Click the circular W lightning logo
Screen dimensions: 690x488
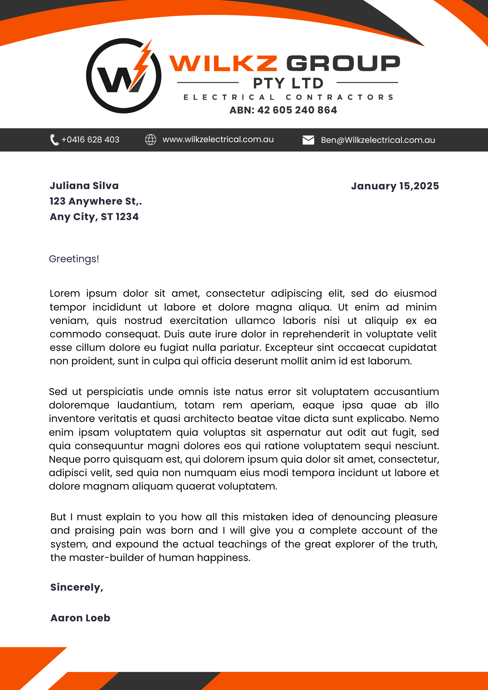pyautogui.click(x=124, y=76)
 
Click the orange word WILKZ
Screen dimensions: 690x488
pyautogui.click(x=223, y=63)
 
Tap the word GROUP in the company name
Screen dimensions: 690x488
pyautogui.click(x=343, y=63)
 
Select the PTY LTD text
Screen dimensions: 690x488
pyautogui.click(x=288, y=83)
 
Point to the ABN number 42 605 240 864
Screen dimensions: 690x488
pyautogui.click(x=297, y=110)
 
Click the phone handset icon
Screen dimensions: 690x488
pyautogui.click(x=54, y=140)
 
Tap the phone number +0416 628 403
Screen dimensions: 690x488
pyautogui.click(x=90, y=140)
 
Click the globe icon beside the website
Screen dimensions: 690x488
pyautogui.click(x=150, y=140)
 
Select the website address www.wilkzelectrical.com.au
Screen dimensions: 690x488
pyautogui.click(x=218, y=139)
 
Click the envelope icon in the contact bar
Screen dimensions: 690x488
pyautogui.click(x=308, y=140)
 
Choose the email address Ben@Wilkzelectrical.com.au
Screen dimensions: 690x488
pyautogui.click(x=378, y=140)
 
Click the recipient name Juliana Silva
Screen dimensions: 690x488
pyautogui.click(x=84, y=186)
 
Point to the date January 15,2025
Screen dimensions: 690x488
pyautogui.click(x=395, y=186)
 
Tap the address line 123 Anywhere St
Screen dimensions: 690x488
pyautogui.click(x=96, y=201)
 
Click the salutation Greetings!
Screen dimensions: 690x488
pyautogui.click(x=74, y=259)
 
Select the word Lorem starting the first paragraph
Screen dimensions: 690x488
pyautogui.click(x=65, y=293)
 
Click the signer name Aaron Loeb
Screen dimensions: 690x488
pyautogui.click(x=80, y=618)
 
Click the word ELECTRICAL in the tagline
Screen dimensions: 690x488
pyautogui.click(x=229, y=97)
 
